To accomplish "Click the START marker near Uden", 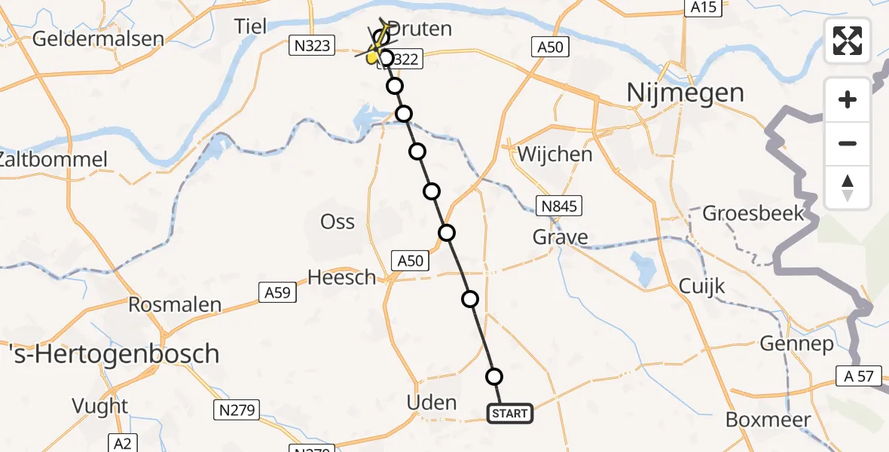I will (510, 414).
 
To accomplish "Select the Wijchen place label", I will (555, 154).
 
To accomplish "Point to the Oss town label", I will (338, 221).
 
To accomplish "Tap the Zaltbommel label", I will (54, 160).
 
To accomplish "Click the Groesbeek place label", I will (753, 213).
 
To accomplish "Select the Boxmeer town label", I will (768, 420).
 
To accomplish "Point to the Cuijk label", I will (701, 286).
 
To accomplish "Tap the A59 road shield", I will (276, 291).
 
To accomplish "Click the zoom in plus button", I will (848, 99).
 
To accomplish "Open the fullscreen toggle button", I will (848, 41).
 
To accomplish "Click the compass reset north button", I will (848, 188).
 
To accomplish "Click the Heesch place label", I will (342, 277).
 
